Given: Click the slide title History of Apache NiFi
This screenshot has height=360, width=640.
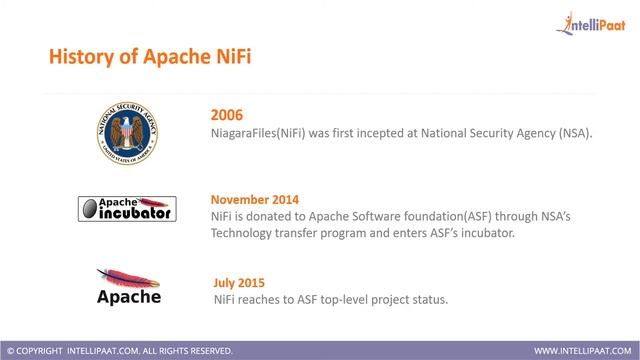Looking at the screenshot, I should pos(150,57).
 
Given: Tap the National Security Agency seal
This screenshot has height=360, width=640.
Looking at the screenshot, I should pos(127,131).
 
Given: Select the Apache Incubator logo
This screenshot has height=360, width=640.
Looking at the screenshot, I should pos(127,207).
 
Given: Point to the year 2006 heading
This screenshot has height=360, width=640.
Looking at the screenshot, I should pos(227,114).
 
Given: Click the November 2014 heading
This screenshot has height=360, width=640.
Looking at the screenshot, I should pos(255,198).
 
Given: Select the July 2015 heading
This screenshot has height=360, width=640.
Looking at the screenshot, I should pos(240,282).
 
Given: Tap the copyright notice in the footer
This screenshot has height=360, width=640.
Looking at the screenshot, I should pos(119,351).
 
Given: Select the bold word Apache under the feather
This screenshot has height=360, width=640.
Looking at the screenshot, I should pos(128,296).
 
